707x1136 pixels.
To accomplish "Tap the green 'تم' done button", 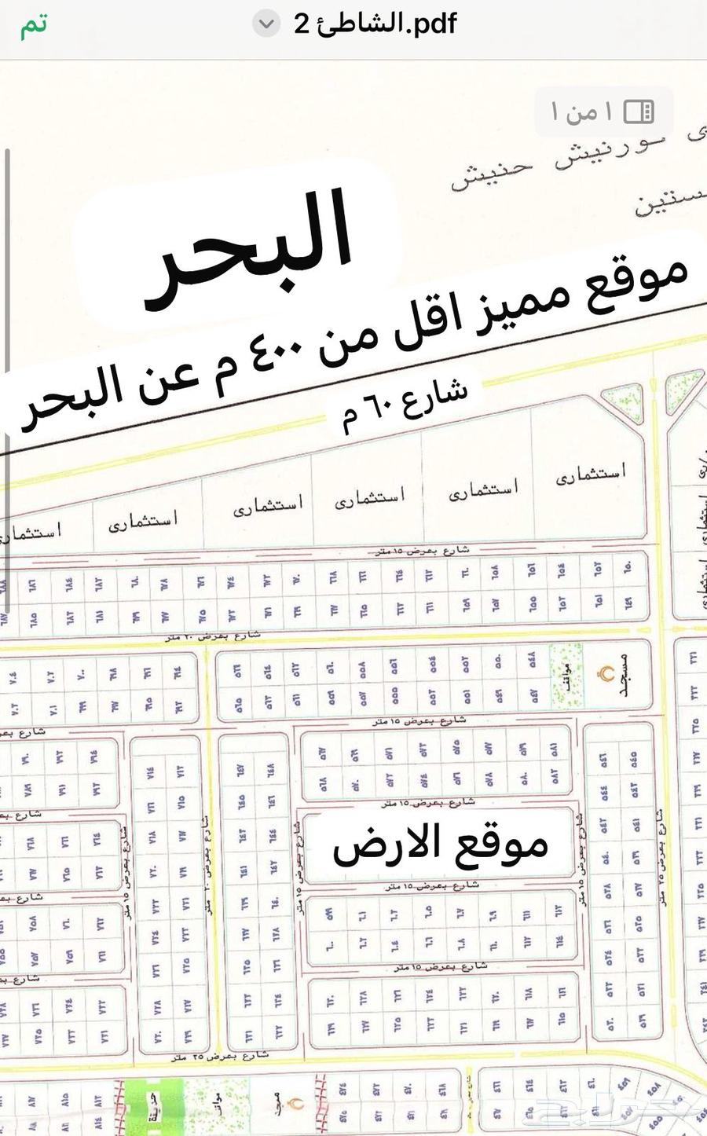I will [x=34, y=25].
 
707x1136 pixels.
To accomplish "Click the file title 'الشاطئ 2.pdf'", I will [x=375, y=24].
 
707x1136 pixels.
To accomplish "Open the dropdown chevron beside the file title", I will [x=266, y=24].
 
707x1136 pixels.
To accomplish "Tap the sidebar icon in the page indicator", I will [x=638, y=112].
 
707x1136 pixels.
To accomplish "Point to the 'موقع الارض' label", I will [x=440, y=846].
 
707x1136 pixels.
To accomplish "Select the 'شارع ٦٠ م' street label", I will [x=405, y=405].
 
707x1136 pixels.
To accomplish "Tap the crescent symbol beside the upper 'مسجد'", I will [x=606, y=674].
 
